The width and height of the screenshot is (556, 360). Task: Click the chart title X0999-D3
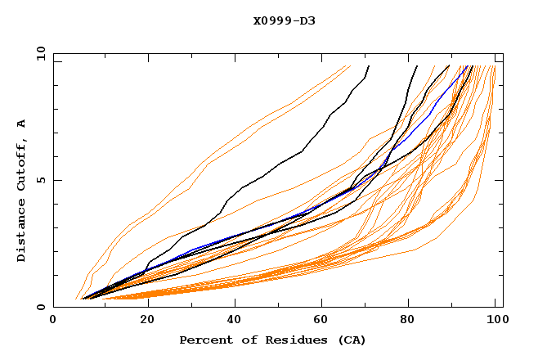pos(284,21)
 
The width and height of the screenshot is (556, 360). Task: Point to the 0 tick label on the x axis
pos(53,322)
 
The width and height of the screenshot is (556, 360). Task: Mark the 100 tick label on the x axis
pos(495,322)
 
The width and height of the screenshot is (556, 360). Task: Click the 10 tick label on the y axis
pos(40,53)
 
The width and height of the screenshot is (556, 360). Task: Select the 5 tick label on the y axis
pos(43,180)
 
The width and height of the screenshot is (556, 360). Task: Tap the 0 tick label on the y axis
pos(43,307)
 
